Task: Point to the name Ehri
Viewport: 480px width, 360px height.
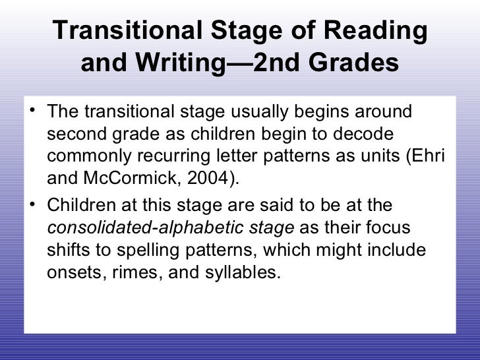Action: [432, 156]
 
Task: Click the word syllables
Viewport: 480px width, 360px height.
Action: [242, 273]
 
